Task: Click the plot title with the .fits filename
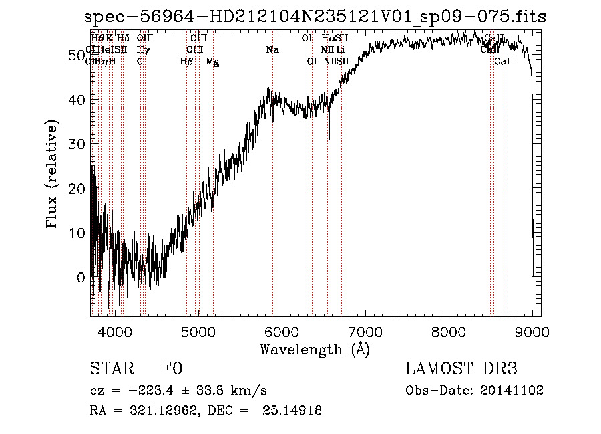coord(315,17)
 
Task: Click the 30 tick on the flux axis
coord(79,144)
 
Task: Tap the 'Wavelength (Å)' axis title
coord(315,349)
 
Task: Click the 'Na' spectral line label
coord(272,50)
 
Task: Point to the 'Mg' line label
coord(212,62)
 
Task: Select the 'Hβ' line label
coord(186,62)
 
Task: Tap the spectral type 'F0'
coord(172,369)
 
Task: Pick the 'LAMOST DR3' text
coord(461,369)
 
